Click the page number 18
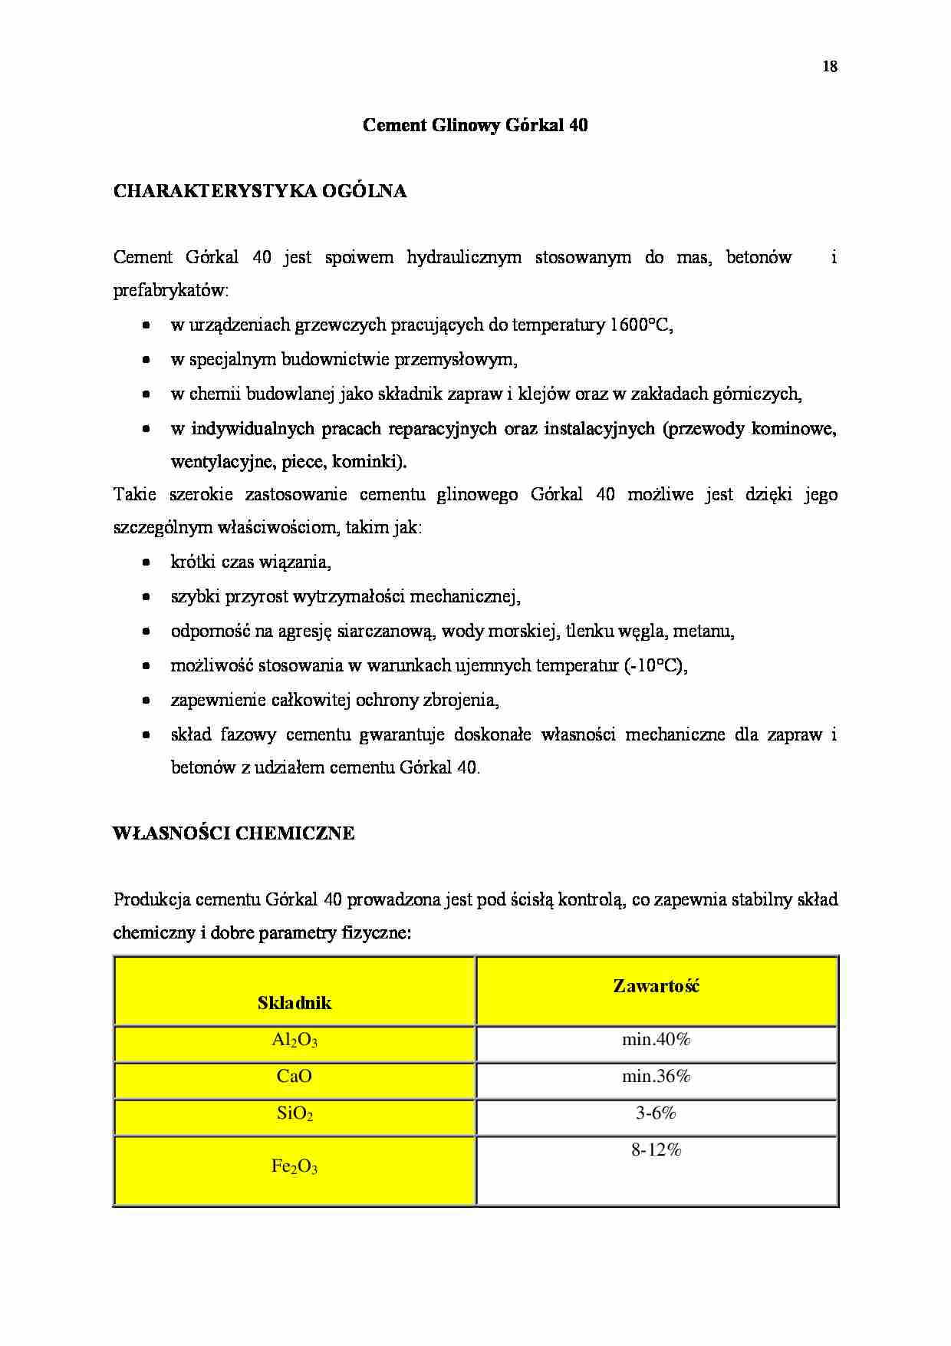[830, 67]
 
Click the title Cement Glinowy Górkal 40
[475, 125]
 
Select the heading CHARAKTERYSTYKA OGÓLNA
[259, 192]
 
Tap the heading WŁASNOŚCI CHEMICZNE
[233, 833]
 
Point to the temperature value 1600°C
[641, 325]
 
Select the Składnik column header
[295, 1002]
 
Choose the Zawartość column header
[656, 986]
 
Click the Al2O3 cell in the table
[295, 1041]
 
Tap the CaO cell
[295, 1077]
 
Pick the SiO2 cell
[295, 1114]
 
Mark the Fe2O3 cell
[295, 1167]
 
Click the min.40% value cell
[656, 1040]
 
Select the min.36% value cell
[656, 1077]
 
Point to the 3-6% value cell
[656, 1113]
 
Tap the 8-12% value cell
[656, 1150]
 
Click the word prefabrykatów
[169, 292]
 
